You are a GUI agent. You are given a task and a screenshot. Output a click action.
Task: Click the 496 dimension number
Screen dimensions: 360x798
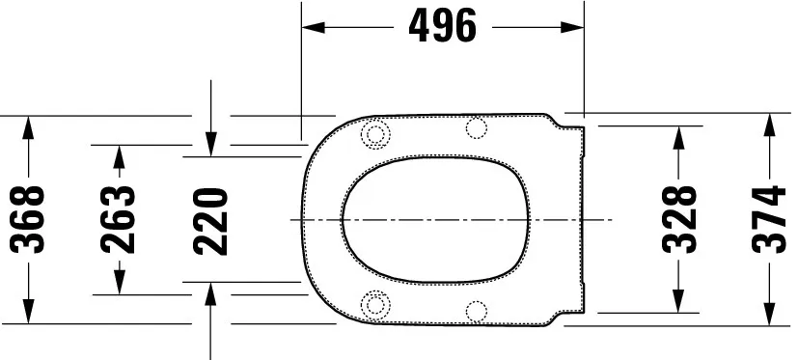(443, 27)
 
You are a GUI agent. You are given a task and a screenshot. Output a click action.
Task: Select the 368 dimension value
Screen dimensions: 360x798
(31, 220)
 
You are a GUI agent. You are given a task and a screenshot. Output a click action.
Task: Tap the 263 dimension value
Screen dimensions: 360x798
(119, 220)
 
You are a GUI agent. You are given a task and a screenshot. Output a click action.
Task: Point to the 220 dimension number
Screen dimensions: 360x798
(211, 220)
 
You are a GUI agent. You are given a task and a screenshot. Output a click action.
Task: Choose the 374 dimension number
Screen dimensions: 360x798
(769, 220)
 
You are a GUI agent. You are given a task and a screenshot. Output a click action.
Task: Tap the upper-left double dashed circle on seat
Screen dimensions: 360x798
(375, 135)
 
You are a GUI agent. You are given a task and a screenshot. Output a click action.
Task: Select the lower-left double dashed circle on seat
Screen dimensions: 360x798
(375, 303)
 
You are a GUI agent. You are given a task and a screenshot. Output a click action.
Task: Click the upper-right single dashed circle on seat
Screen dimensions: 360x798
(476, 128)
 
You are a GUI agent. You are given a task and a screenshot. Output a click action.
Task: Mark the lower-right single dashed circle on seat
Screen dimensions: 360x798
(476, 310)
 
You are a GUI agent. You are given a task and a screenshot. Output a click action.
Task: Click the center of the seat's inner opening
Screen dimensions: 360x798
(436, 220)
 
